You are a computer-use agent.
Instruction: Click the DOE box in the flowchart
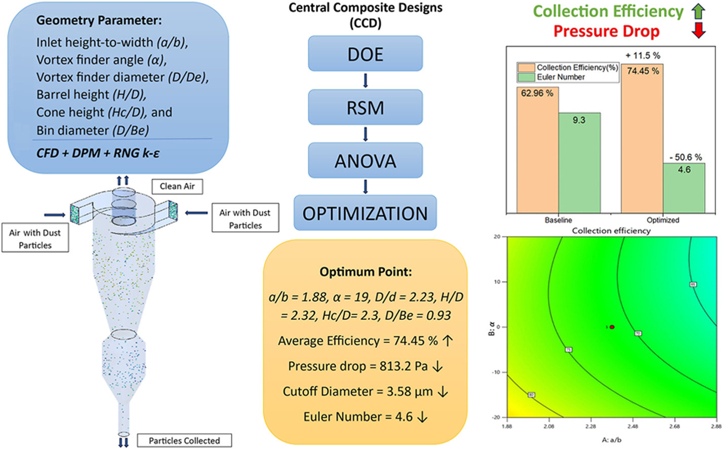(365, 54)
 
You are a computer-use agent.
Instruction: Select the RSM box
(365, 107)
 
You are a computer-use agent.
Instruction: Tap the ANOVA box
(365, 161)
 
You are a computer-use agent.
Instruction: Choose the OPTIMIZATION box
(365, 213)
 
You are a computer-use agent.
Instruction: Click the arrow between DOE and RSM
(365, 81)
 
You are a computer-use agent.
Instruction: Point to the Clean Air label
(177, 186)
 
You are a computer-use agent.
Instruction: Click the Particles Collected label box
(184, 440)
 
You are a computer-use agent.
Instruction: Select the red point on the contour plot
(612, 327)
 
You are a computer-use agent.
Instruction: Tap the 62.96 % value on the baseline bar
(537, 93)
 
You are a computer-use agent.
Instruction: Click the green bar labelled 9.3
(579, 162)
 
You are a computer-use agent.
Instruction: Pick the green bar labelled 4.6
(684, 188)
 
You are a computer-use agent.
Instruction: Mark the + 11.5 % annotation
(642, 55)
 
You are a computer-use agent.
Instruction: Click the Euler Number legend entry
(560, 77)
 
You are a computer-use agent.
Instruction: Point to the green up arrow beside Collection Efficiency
(699, 11)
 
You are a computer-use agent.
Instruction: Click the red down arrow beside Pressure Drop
(699, 31)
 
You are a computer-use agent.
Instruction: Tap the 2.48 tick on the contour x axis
(632, 427)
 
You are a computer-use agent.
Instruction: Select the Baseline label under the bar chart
(558, 220)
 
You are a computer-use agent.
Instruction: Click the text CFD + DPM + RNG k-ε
(98, 153)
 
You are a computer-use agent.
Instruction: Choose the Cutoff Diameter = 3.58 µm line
(365, 392)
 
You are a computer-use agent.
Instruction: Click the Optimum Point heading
(365, 272)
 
